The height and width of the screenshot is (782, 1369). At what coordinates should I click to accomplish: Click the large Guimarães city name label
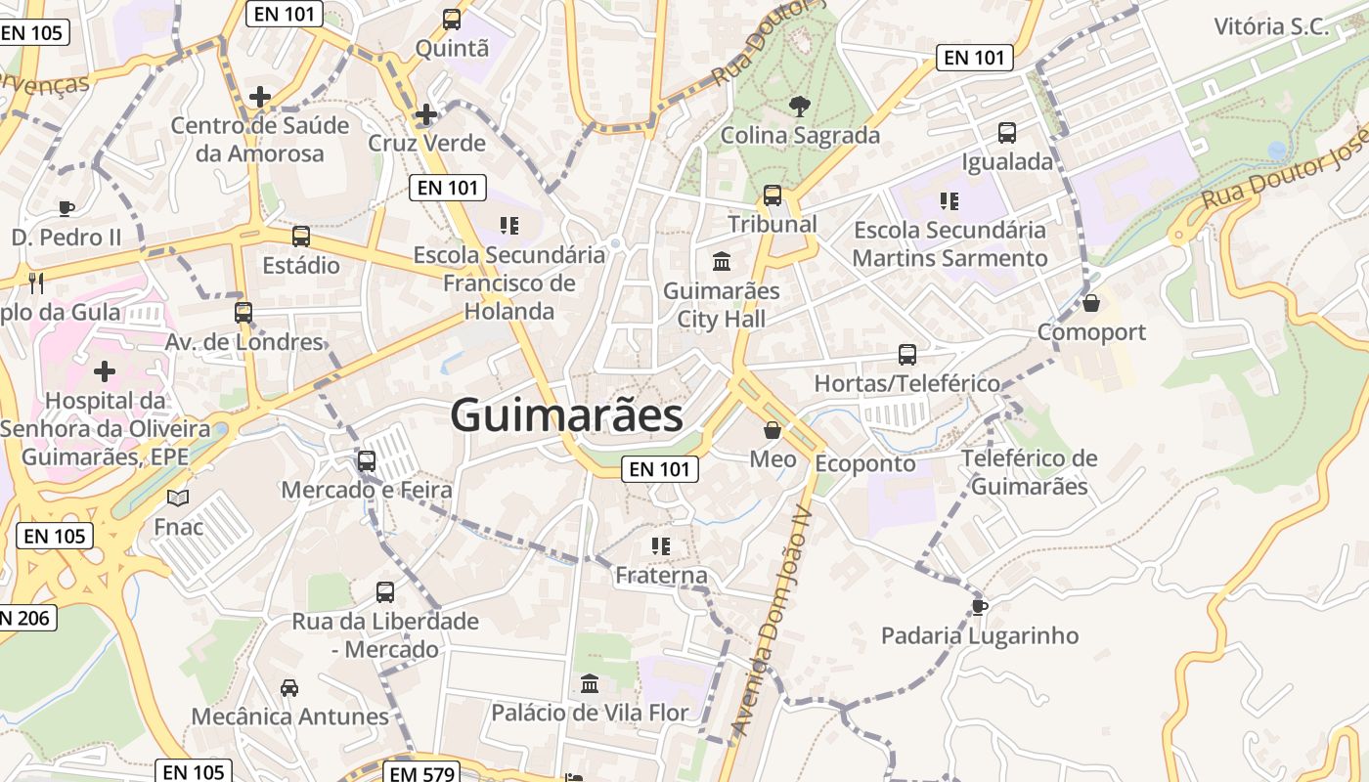click(x=566, y=415)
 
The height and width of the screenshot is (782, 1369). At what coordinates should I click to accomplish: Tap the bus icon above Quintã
click(x=451, y=19)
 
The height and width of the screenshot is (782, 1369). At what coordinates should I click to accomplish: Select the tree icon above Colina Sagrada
click(x=799, y=105)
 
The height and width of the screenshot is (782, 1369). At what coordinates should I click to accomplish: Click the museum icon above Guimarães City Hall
click(x=722, y=261)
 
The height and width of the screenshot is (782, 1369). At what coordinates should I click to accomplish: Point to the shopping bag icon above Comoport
click(x=1091, y=303)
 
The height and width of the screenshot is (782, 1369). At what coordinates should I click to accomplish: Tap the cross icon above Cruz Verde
click(x=425, y=114)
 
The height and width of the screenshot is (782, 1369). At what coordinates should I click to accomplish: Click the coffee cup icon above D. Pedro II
click(x=66, y=207)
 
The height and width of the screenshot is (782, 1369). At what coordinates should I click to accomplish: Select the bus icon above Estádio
click(x=301, y=236)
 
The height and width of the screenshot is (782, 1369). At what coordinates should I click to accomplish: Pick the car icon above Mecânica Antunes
click(x=289, y=687)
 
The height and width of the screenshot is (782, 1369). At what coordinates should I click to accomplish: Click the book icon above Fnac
click(x=178, y=499)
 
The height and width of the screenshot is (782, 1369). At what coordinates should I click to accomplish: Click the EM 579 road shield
click(x=421, y=773)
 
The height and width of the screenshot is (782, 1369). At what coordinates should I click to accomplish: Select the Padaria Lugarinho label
click(x=980, y=635)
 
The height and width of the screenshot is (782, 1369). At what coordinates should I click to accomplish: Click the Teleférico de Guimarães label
click(x=1030, y=472)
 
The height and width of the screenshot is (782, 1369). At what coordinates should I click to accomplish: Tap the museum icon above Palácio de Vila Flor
click(x=590, y=683)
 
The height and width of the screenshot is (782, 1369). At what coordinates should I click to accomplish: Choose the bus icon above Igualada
click(x=1007, y=133)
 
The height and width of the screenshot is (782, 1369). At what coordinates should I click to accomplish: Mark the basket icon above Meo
click(x=773, y=430)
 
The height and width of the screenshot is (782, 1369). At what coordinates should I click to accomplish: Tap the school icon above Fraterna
click(x=661, y=545)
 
